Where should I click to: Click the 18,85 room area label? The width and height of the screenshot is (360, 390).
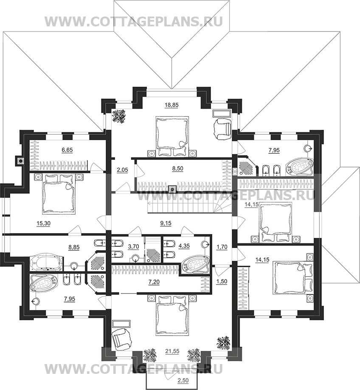tap(172, 105)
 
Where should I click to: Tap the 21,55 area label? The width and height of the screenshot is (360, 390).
tap(172, 351)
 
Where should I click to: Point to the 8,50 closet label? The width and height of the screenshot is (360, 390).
tap(177, 168)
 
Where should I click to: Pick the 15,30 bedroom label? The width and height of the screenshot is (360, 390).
tap(43, 223)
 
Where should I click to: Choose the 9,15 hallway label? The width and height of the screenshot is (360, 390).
tap(166, 223)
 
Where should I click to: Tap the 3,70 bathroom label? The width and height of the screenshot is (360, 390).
tap(133, 246)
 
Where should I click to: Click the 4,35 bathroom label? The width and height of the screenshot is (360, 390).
tap(184, 246)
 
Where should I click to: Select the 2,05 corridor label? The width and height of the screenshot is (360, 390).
tap(122, 170)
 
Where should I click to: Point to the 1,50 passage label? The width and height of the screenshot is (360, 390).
tap(222, 282)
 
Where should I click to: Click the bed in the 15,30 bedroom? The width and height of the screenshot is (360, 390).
tap(59, 194)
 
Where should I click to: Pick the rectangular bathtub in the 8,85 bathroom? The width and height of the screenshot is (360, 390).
tap(46, 263)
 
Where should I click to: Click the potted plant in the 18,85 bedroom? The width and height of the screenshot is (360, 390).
tap(118, 116)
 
